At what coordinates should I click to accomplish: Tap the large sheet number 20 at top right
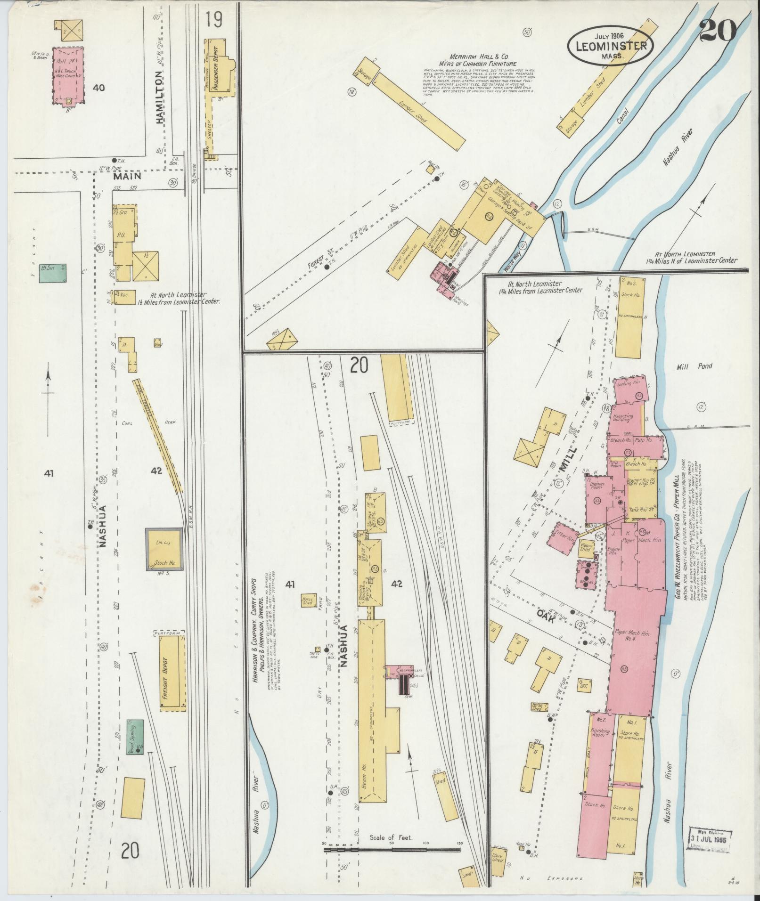pos(718,32)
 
